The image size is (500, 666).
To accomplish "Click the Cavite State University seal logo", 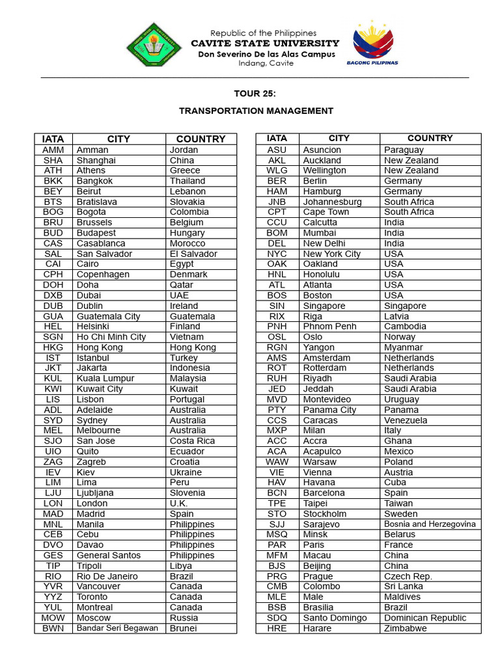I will pos(154,45).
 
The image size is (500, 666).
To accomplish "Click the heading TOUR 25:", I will pos(251,94).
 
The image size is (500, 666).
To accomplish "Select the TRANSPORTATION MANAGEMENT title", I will pos(256,111).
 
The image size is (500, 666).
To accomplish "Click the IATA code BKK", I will pos(53,181).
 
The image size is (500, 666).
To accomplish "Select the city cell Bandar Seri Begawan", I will pos(117,628).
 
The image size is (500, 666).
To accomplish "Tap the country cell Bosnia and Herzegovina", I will pos(430,524).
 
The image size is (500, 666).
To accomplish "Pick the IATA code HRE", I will pos(277,628).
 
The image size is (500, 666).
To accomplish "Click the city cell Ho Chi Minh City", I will pos(111,337).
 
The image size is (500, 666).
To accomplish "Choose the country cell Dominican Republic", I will pos(425,618).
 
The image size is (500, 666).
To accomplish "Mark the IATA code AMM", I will pos(53,150).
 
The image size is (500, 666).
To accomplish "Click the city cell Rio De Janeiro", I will pos(107,576).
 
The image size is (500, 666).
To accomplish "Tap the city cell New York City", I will pos(331,254).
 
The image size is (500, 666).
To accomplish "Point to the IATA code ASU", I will pos(277,150).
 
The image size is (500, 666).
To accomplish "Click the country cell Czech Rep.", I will pos(408,576).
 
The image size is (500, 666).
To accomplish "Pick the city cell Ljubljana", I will pos(95,493).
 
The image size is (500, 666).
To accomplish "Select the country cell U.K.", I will pos(179,503).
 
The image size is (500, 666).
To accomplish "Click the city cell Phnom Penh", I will pos(329,326).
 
